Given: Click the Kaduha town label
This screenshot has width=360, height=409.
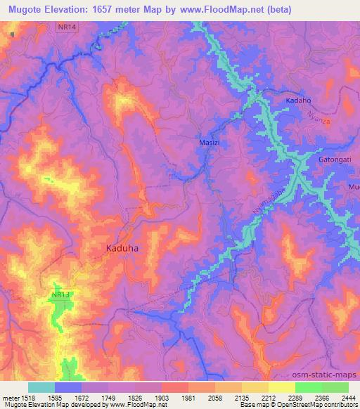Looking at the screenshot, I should pyautogui.click(x=121, y=249).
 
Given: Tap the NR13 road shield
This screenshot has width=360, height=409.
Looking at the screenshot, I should pyautogui.click(x=61, y=296).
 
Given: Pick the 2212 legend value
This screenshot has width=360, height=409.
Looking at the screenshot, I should pyautogui.click(x=269, y=397).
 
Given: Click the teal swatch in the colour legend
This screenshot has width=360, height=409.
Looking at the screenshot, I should pyautogui.click(x=41, y=387).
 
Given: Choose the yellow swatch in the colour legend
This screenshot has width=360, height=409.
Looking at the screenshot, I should pyautogui.click(x=281, y=387).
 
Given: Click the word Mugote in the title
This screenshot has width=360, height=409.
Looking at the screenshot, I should pyautogui.click(x=27, y=10).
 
